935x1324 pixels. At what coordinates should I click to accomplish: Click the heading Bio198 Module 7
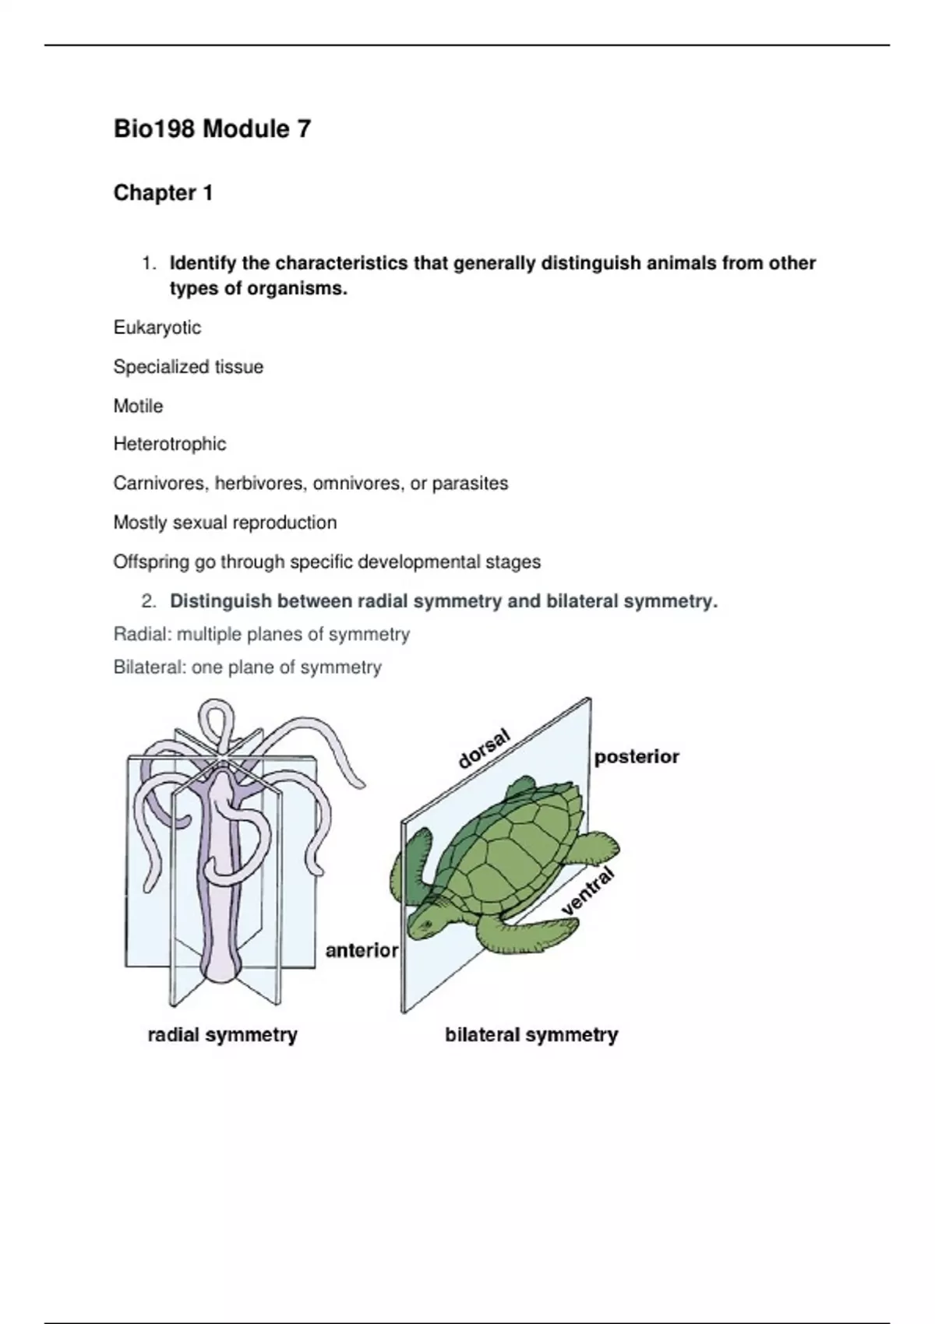point(212,129)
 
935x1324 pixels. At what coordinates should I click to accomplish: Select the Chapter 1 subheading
point(163,193)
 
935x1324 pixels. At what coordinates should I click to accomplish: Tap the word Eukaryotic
point(157,328)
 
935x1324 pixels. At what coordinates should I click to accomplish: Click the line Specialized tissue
point(188,367)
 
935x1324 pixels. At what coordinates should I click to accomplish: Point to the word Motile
point(138,406)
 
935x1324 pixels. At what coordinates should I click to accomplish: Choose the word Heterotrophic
point(170,444)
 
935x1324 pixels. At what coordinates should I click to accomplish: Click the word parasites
point(470,484)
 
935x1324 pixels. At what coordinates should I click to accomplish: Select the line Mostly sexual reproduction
point(224,523)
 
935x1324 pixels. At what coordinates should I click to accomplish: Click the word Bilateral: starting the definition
point(147,667)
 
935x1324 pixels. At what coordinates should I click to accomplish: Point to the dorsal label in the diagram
point(484,748)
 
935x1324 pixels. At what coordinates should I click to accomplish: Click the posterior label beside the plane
point(637,757)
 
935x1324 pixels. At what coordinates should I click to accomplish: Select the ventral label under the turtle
point(587,891)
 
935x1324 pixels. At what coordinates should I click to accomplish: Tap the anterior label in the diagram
point(362,950)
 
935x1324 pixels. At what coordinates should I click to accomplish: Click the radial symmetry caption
point(222,1035)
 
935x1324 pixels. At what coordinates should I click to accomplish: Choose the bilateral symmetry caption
point(531,1035)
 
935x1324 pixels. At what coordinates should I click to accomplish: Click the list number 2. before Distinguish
point(149,601)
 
